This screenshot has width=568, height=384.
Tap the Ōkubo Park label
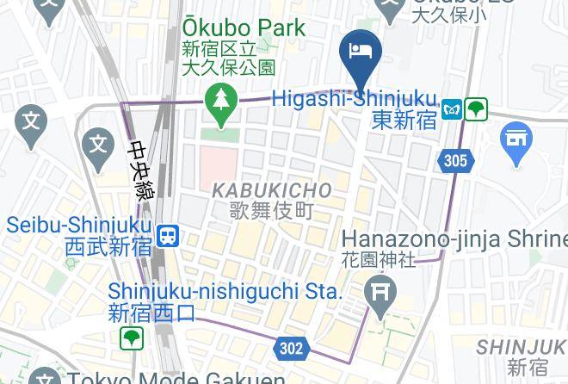[x=243, y=28]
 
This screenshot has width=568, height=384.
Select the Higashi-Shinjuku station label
[x=355, y=99]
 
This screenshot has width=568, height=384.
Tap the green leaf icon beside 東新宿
[x=476, y=109]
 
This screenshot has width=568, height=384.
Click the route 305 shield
[x=456, y=160]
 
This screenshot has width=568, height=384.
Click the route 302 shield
[x=291, y=348]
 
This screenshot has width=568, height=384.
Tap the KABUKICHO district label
[x=271, y=189]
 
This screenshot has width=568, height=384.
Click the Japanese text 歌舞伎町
[x=271, y=209]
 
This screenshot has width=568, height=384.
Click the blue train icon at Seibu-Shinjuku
[x=168, y=235]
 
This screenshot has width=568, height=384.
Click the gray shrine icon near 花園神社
[x=380, y=293]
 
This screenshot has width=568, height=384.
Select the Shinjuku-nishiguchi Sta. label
[x=225, y=292]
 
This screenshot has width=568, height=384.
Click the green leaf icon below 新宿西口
[x=131, y=338]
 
